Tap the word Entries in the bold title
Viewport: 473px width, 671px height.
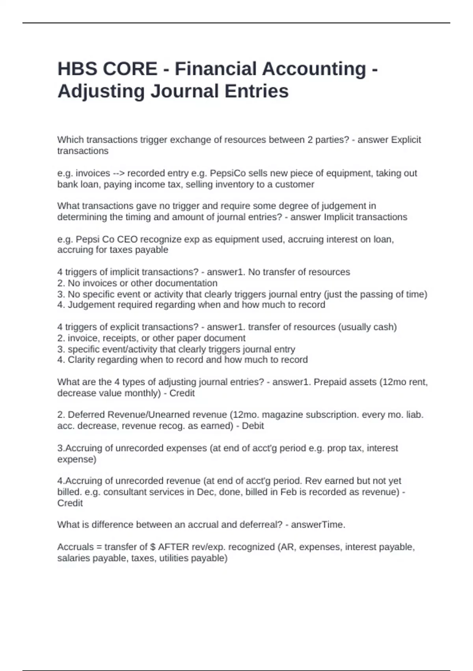coord(257,91)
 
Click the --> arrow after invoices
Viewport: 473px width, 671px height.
coord(119,173)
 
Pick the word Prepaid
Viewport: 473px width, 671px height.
coord(330,382)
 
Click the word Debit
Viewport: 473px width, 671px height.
coord(253,426)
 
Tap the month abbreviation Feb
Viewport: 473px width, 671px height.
coord(288,492)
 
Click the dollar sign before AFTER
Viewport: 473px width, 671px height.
coord(153,547)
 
